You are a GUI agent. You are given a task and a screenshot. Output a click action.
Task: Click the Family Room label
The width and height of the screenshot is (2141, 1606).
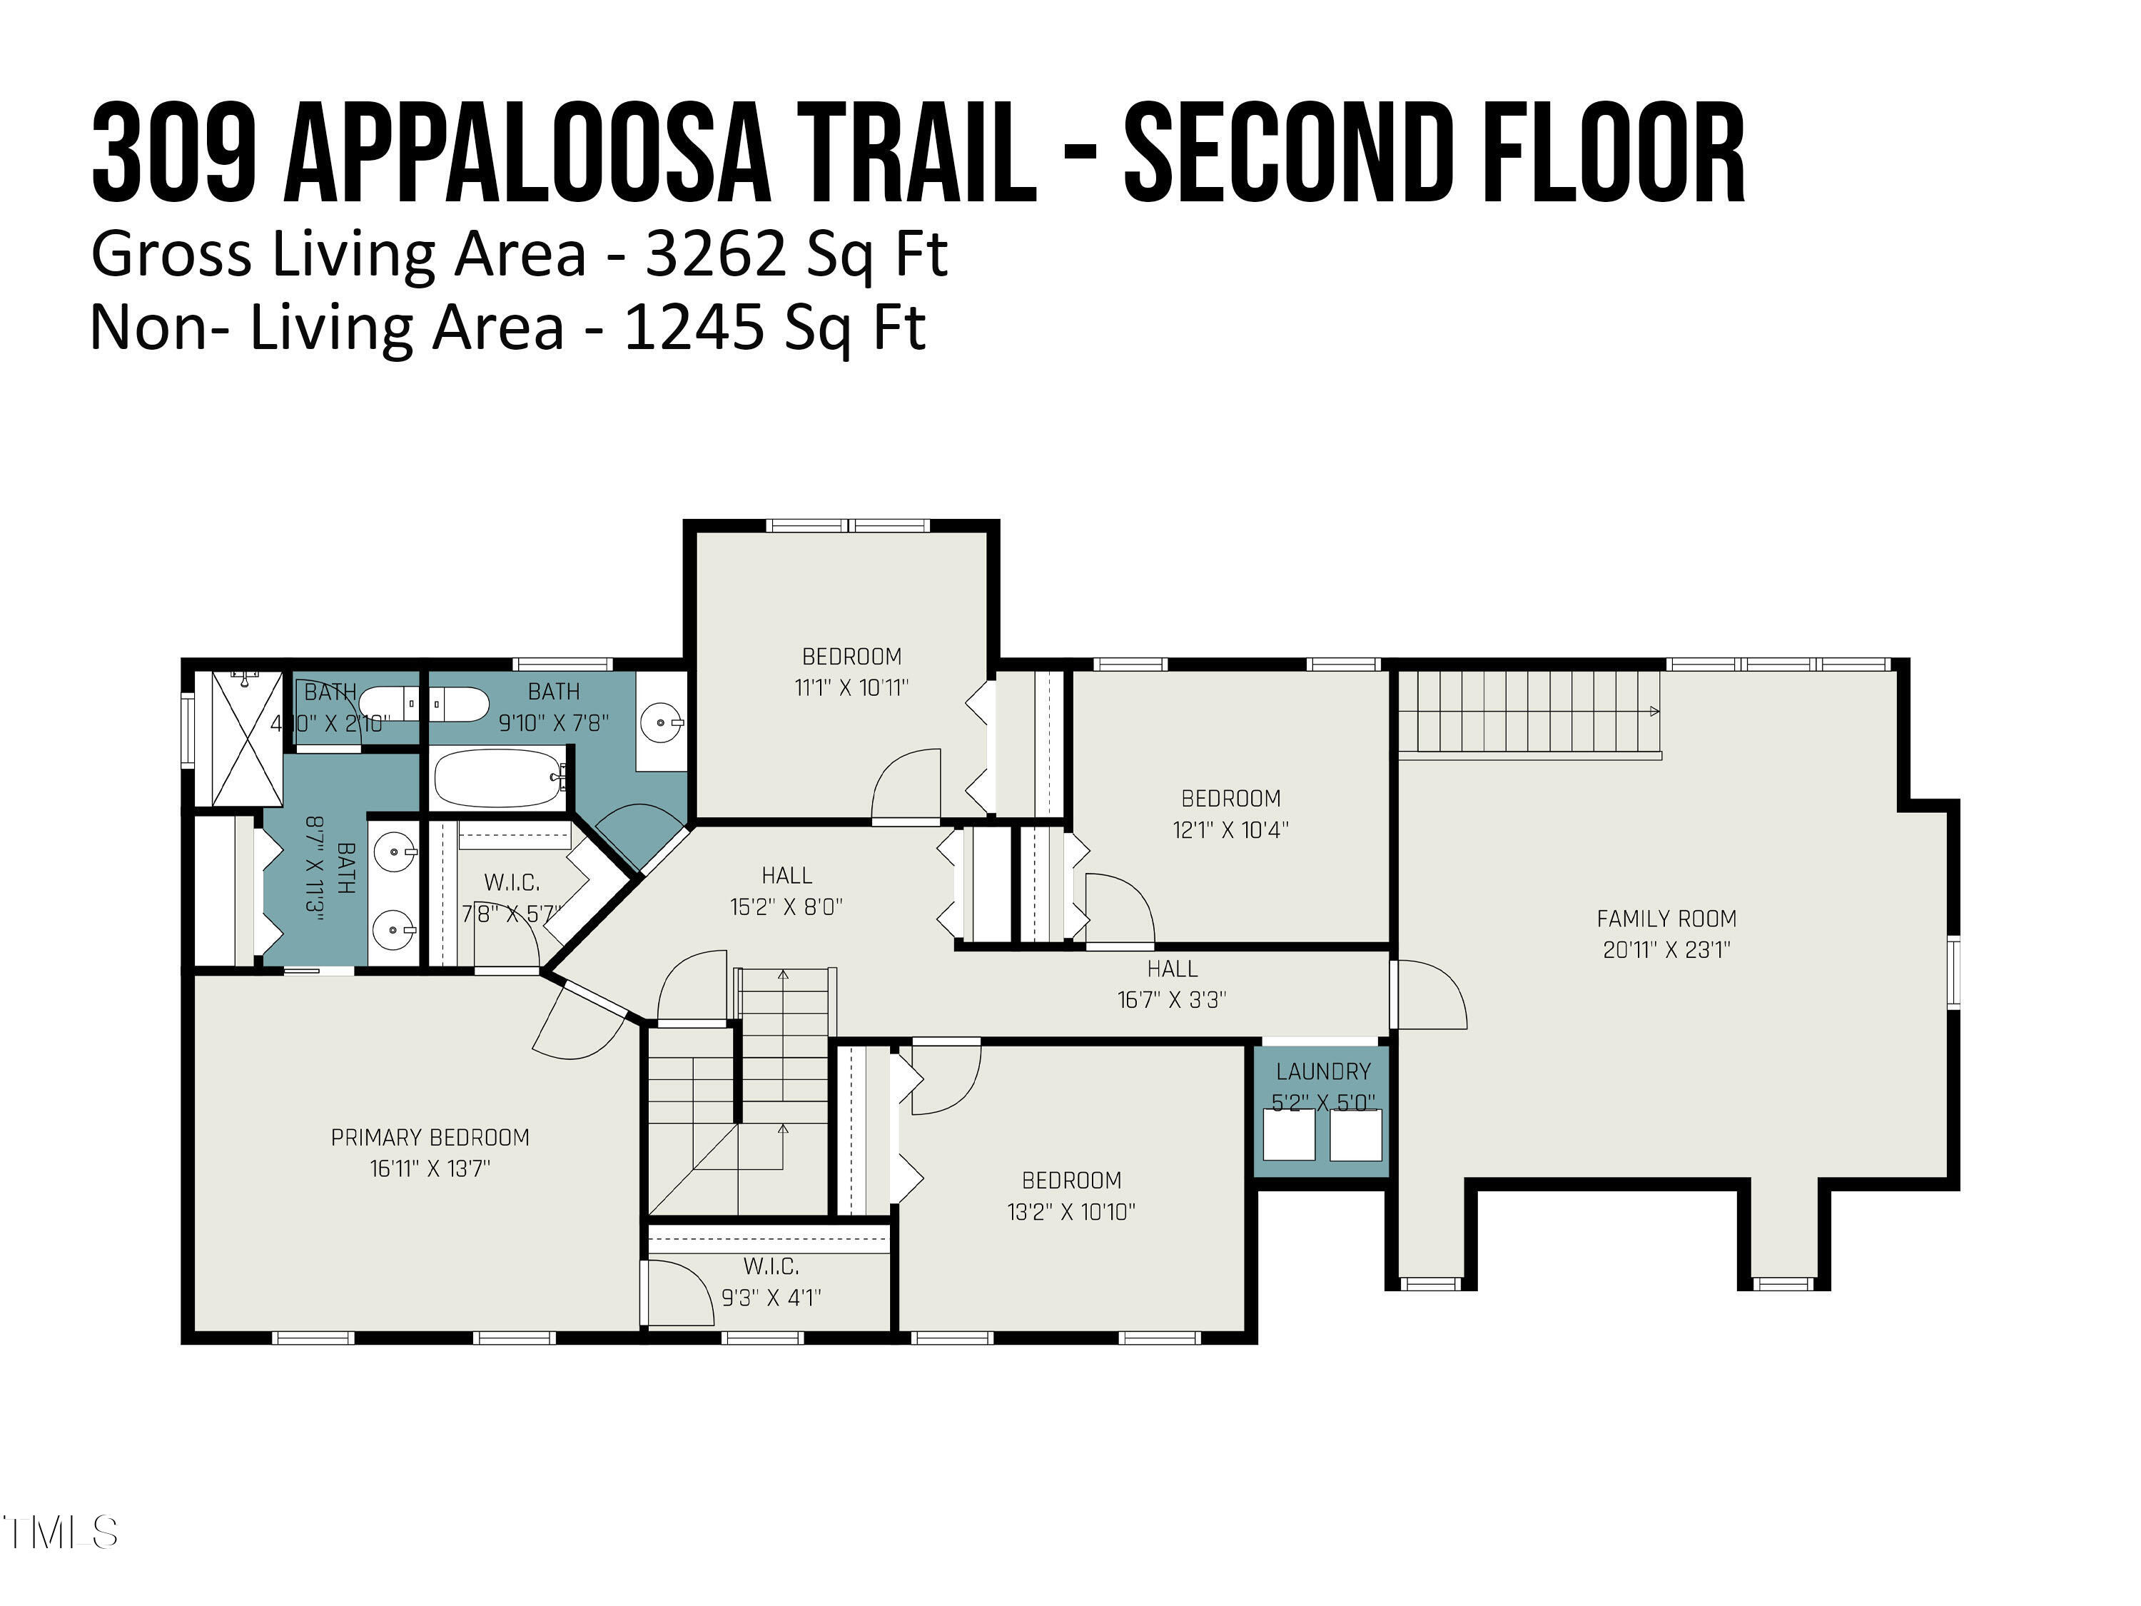[x=1666, y=918]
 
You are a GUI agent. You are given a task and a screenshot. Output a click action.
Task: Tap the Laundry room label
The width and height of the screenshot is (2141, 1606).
[x=1322, y=1071]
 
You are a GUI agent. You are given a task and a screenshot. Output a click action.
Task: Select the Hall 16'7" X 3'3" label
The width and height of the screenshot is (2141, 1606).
[x=1171, y=984]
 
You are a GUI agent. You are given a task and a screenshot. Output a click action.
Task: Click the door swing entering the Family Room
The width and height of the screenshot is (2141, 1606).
[x=1431, y=994]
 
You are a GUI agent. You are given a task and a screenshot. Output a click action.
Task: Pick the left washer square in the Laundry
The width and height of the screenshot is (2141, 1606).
[x=1288, y=1135]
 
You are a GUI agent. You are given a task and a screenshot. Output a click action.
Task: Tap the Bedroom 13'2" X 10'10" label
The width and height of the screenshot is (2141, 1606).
[x=1070, y=1195]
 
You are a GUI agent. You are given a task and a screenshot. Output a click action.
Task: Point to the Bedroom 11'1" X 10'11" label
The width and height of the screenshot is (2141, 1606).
[x=851, y=671]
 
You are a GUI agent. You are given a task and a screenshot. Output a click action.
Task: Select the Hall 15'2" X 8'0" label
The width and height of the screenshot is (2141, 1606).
[x=786, y=891]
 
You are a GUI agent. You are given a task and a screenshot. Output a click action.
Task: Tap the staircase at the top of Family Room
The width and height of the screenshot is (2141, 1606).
[x=1529, y=712]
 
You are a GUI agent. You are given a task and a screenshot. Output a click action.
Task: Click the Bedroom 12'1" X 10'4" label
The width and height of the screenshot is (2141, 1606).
[x=1230, y=813]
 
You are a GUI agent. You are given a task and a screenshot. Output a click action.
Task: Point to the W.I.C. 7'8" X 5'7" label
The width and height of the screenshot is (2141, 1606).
[x=511, y=897]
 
